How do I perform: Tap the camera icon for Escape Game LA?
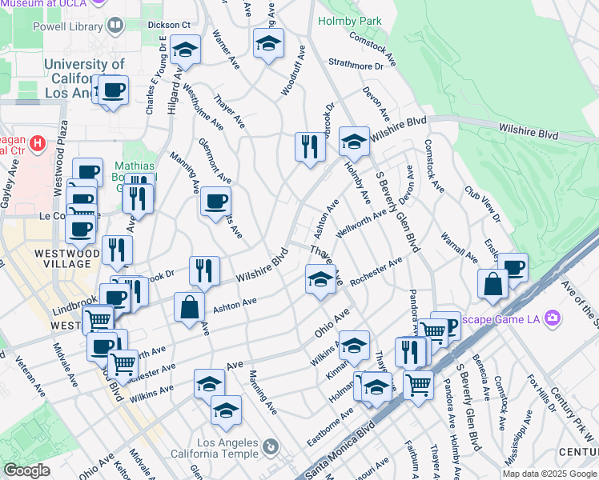point(553,318)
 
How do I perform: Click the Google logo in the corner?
point(26,470)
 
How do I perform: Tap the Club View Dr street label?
point(481,206)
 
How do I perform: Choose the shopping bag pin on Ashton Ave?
point(189,307)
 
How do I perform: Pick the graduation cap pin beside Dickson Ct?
point(185,50)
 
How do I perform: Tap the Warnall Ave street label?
point(459,248)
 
